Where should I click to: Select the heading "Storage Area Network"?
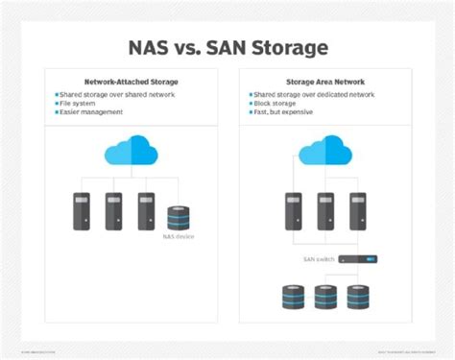point(327,83)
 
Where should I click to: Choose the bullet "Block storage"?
point(276,105)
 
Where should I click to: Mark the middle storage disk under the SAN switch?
point(326,297)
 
